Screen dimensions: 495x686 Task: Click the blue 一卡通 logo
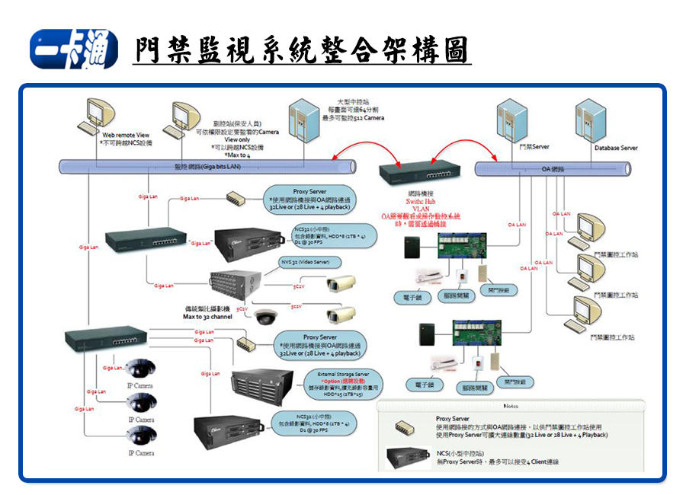[73, 50]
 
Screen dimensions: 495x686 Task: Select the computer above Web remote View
[98, 114]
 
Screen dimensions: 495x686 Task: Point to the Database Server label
[616, 148]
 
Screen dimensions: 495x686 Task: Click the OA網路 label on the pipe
[552, 168]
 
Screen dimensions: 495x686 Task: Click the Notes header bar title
[510, 406]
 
